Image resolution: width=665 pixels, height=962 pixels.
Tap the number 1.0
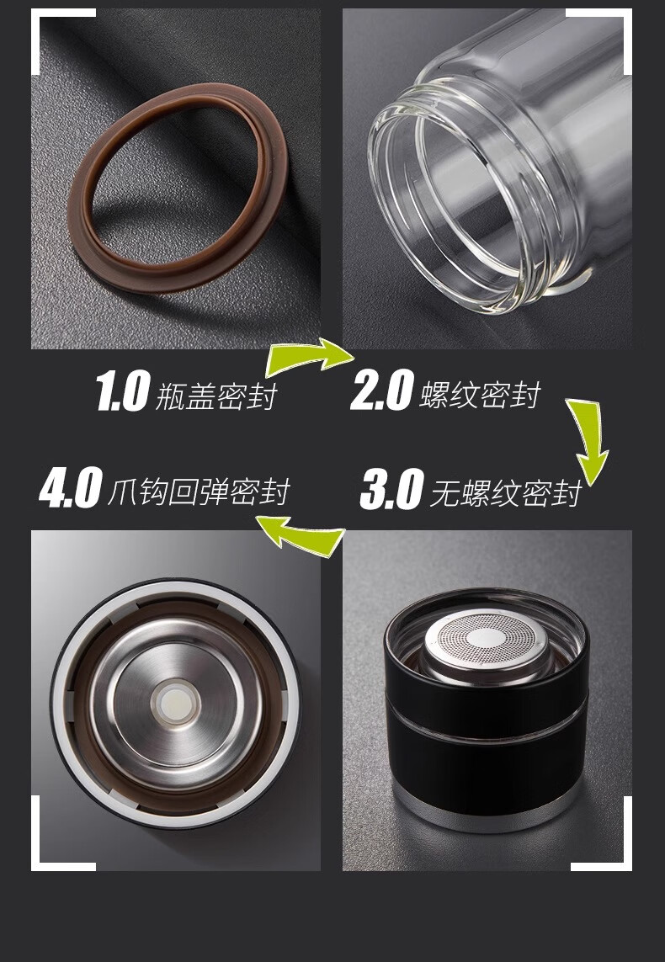point(123,391)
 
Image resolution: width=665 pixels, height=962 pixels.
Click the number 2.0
point(381,390)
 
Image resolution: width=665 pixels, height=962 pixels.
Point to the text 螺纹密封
point(480,395)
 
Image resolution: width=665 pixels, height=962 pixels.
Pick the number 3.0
point(391,489)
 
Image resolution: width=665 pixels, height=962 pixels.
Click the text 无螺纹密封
point(506,494)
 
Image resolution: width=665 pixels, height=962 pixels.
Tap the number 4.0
point(70,488)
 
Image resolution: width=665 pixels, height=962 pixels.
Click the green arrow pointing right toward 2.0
point(306,358)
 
